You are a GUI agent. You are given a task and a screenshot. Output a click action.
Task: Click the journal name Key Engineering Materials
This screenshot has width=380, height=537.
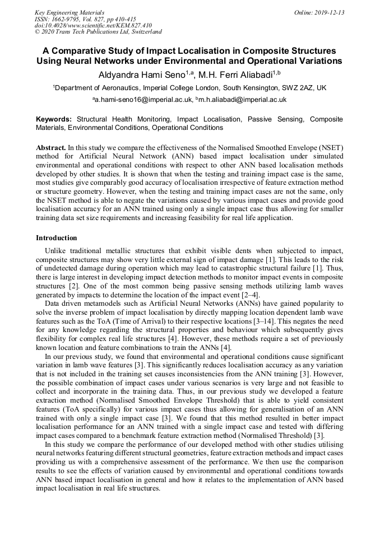(69, 12)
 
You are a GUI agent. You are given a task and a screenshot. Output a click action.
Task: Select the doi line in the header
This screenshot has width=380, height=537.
(93, 25)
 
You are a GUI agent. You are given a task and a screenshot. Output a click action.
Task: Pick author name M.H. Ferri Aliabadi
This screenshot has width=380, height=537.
(238, 74)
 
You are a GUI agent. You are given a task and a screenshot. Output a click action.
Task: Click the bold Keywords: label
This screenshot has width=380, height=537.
(54, 119)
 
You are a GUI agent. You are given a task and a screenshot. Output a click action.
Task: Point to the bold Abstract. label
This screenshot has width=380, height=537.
(51, 147)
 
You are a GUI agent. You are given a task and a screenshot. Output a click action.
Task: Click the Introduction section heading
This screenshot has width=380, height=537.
(57, 238)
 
